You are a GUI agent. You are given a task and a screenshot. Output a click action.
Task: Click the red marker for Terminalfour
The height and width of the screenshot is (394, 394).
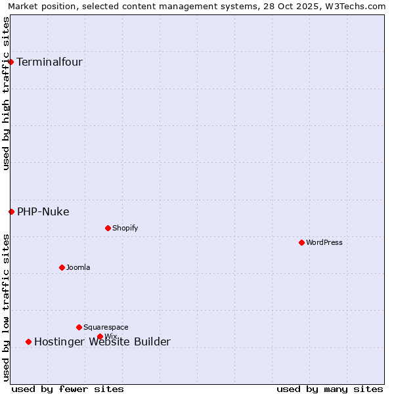(x=11, y=62)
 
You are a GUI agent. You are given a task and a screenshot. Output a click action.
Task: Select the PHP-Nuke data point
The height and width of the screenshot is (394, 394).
(x=11, y=211)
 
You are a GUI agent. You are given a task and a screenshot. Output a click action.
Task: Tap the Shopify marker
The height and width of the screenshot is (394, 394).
(x=108, y=228)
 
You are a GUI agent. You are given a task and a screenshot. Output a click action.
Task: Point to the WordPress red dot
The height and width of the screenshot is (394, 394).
(x=301, y=242)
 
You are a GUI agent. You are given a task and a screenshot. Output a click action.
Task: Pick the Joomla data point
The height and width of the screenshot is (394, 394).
(x=62, y=267)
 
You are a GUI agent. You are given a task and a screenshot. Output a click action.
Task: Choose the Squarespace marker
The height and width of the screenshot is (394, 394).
(x=79, y=327)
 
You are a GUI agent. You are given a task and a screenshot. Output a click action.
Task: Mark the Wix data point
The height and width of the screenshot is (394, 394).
(x=100, y=336)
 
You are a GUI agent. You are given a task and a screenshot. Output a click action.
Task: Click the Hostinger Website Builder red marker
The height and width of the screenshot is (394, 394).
(x=28, y=341)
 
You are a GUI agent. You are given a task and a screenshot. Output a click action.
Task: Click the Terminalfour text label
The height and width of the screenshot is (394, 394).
(x=49, y=62)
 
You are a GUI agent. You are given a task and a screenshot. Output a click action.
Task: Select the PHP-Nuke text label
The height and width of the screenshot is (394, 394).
(x=43, y=211)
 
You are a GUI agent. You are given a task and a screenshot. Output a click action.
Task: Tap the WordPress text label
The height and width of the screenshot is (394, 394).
(x=324, y=242)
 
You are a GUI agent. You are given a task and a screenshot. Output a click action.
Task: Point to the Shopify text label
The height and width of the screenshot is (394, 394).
(x=125, y=228)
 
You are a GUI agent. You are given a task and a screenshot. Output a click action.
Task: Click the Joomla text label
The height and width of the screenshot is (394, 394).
(x=78, y=267)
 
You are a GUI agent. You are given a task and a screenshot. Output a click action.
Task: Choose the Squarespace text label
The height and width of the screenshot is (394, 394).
(x=106, y=327)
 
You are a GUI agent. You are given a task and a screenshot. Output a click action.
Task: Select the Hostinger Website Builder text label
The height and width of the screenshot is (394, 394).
(x=102, y=341)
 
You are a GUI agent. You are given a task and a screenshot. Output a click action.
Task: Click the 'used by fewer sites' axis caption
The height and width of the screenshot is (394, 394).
(x=68, y=389)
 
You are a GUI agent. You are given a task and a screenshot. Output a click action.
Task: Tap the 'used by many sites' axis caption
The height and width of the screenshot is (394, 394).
(x=330, y=389)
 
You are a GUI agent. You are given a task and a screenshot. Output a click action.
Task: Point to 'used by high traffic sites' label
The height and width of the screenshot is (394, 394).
(x=6, y=93)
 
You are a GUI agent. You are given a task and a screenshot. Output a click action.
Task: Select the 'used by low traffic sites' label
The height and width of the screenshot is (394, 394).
(x=6, y=307)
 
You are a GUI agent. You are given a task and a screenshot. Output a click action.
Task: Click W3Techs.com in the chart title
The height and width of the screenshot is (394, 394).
(x=355, y=6)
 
